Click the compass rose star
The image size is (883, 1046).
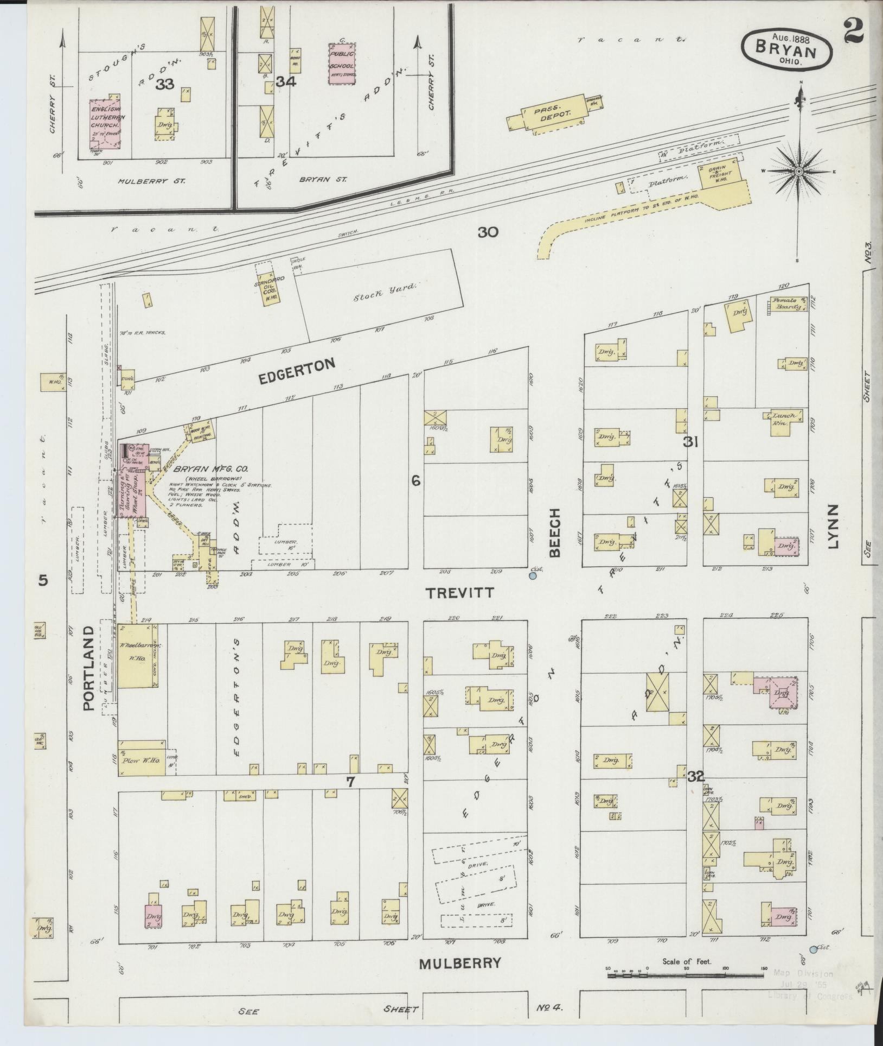(798, 172)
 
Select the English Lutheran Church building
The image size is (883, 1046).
(105, 124)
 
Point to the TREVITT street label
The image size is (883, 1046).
(460, 593)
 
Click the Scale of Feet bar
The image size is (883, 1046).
(686, 975)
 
